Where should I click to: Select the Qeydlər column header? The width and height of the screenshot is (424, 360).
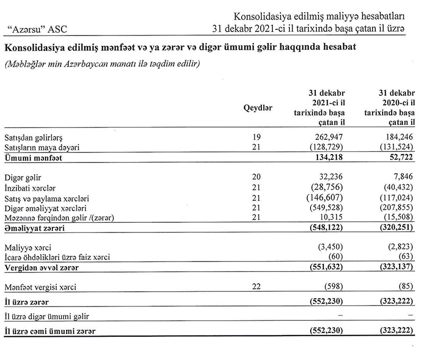point(258,108)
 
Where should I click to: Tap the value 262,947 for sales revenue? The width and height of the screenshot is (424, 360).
point(325,138)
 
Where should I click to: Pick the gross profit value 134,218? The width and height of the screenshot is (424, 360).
point(325,158)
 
